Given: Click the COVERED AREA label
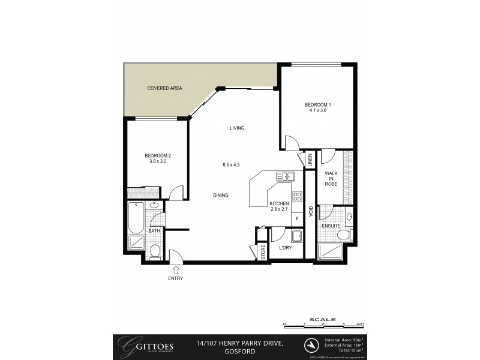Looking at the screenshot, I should tap(164, 88).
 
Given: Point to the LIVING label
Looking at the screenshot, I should tap(237, 128).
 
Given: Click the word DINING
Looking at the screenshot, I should tap(222, 195).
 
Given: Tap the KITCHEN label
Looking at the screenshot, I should tap(280, 204).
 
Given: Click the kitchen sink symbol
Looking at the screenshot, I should tap(284, 176).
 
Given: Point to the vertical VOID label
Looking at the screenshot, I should tap(310, 211).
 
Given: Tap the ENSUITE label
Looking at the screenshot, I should tap(331, 226).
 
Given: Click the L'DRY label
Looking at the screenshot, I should tap(286, 248).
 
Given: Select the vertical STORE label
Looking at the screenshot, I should tap(262, 252).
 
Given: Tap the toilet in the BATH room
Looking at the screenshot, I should tap(155, 251).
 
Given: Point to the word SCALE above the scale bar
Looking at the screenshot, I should tap(322, 320).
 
